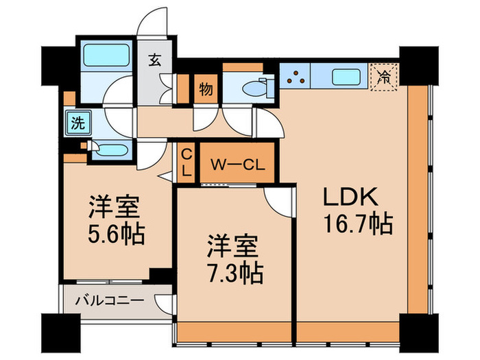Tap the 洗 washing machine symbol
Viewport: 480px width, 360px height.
pyautogui.click(x=78, y=124)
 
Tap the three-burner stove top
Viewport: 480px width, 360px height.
pyautogui.click(x=296, y=77)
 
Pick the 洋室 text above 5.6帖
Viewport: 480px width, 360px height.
pyautogui.click(x=115, y=208)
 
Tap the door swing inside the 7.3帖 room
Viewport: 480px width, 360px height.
pyautogui.click(x=280, y=199)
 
